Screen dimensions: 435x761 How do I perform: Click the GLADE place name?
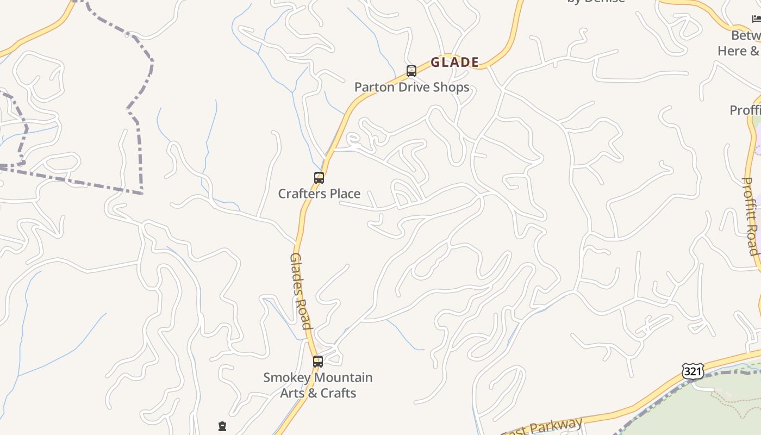[x=454, y=63]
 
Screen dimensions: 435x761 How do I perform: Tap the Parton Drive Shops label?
[x=411, y=87]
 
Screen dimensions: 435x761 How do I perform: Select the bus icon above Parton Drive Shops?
[x=411, y=71]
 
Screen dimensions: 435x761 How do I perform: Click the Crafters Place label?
[x=319, y=194]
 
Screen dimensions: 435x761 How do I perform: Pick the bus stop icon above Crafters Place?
[x=319, y=178]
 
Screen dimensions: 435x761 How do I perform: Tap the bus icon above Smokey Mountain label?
[x=318, y=362]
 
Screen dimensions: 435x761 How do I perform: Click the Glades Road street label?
[x=301, y=291]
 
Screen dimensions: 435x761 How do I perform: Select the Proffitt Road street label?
[x=750, y=216]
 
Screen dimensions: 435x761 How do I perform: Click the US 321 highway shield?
[x=693, y=371]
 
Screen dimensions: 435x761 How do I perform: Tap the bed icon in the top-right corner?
[x=756, y=19]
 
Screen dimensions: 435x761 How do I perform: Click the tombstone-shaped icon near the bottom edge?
[x=222, y=426]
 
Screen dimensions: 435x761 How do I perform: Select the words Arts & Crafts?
[x=318, y=393]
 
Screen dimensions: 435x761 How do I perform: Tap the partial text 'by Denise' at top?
[x=596, y=2]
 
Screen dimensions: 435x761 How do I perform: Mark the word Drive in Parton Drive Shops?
[x=414, y=87]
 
